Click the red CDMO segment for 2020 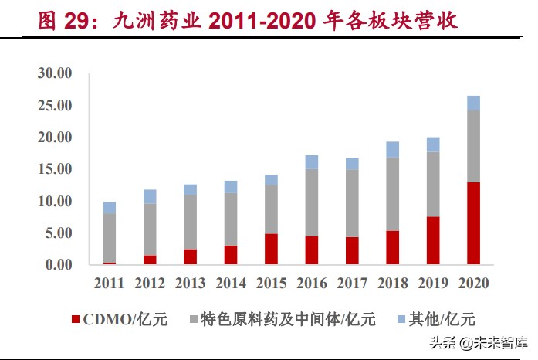(472, 223)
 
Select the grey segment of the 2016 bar (311, 202)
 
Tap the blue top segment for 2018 (392, 149)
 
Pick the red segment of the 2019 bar (432, 240)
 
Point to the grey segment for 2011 (110, 238)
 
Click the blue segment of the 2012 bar (150, 196)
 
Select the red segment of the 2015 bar (271, 249)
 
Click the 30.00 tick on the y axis (53, 73)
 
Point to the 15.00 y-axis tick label (53, 169)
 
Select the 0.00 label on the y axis (56, 265)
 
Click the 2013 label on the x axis (190, 284)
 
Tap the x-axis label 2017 (351, 284)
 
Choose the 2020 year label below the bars (472, 284)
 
